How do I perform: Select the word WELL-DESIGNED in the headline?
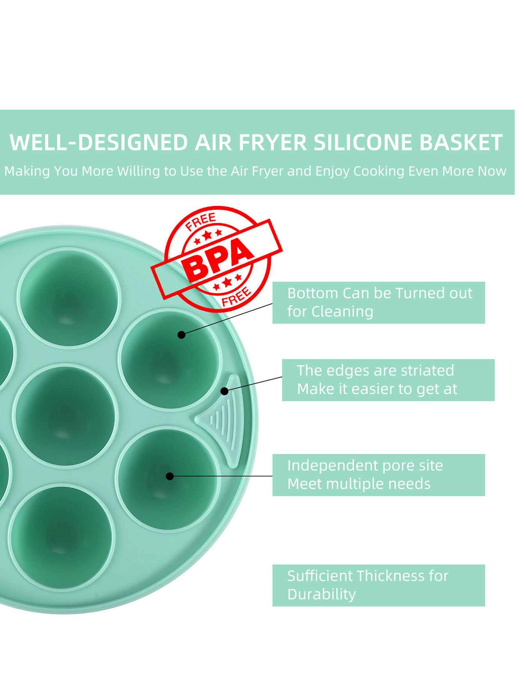pos(99,143)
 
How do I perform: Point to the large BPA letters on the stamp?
pos(218,259)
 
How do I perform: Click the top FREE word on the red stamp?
pos(201,221)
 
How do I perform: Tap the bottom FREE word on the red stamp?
pos(236,297)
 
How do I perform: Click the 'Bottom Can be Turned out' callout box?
pos(379,303)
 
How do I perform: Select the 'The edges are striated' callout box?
pos(388,380)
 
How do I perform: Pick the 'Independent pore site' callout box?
pos(379,475)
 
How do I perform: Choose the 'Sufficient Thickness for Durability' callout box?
pos(379,585)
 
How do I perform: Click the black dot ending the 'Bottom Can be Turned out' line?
pos(181,335)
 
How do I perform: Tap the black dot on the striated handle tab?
pos(224,391)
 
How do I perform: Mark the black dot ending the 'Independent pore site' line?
pos(170,476)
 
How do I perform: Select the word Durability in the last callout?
pos(321,594)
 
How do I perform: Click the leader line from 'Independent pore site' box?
pos(223,476)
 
